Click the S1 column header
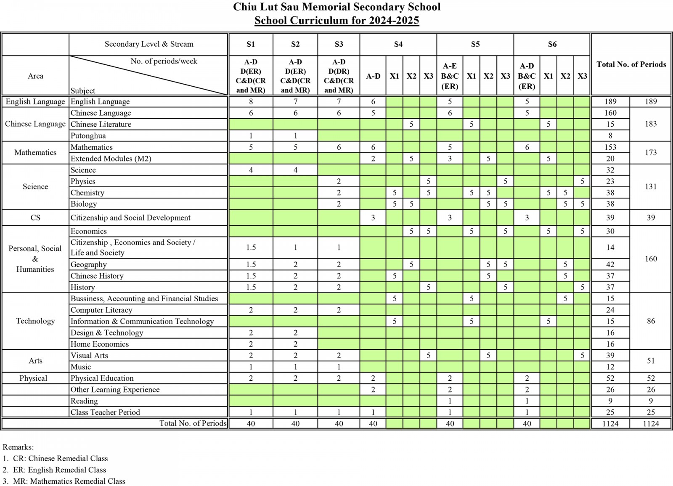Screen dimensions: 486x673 (251, 44)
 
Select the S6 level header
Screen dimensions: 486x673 (552, 44)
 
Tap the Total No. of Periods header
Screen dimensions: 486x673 (631, 64)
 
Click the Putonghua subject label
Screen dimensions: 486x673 (88, 135)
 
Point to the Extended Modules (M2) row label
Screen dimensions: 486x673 (111, 159)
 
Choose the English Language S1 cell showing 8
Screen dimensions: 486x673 (251, 101)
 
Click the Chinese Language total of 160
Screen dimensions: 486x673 (610, 113)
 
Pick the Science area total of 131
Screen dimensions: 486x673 (650, 186)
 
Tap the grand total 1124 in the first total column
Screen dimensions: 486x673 (610, 423)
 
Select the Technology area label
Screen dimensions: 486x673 (35, 321)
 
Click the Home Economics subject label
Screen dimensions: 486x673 (100, 344)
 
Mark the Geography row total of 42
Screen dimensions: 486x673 (610, 264)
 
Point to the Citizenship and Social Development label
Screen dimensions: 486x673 (130, 218)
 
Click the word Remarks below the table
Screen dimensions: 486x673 (18, 447)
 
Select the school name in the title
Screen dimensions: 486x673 (336, 7)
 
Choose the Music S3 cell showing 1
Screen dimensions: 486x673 (339, 366)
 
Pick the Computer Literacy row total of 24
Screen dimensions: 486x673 (610, 310)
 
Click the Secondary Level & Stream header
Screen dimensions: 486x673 (149, 44)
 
